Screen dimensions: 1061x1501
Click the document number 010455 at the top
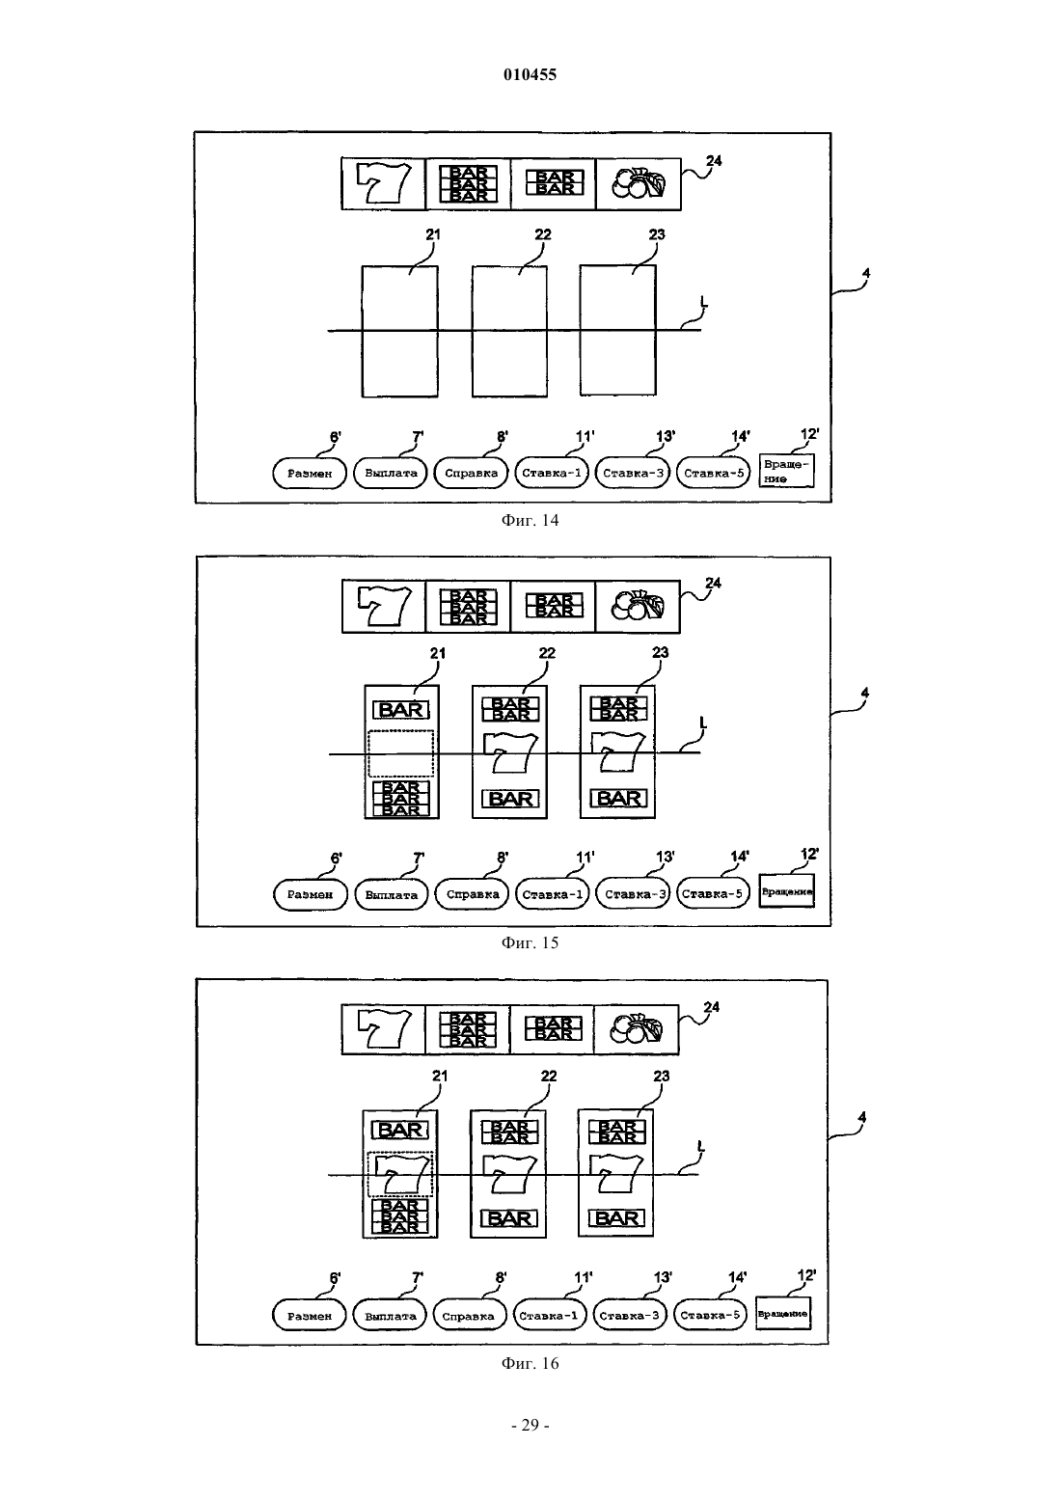click(x=530, y=74)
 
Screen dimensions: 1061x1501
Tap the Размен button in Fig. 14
click(x=310, y=473)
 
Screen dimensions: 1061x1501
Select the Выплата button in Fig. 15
click(x=392, y=894)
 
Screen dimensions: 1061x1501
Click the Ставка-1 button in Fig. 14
click(x=552, y=473)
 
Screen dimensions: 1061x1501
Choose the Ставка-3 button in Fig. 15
click(x=633, y=894)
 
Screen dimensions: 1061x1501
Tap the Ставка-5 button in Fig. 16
click(x=710, y=1315)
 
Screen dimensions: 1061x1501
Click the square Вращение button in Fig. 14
click(x=786, y=471)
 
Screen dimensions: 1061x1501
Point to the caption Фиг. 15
click(x=530, y=942)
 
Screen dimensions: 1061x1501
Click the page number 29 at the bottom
click(x=530, y=1425)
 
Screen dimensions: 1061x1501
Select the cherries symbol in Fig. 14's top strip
click(x=639, y=183)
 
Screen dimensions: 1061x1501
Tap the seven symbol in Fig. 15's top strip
click(x=384, y=606)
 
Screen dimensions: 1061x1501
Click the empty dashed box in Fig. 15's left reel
click(x=400, y=753)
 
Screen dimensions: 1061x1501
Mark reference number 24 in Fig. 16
click(x=711, y=1006)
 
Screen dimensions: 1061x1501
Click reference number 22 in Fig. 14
click(x=542, y=234)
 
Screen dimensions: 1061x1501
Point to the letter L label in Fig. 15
click(x=702, y=723)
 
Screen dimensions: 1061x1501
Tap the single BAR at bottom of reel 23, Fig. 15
click(x=618, y=798)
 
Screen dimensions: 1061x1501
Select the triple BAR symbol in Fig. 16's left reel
click(x=400, y=1216)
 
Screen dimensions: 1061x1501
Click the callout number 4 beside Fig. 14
click(x=866, y=273)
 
